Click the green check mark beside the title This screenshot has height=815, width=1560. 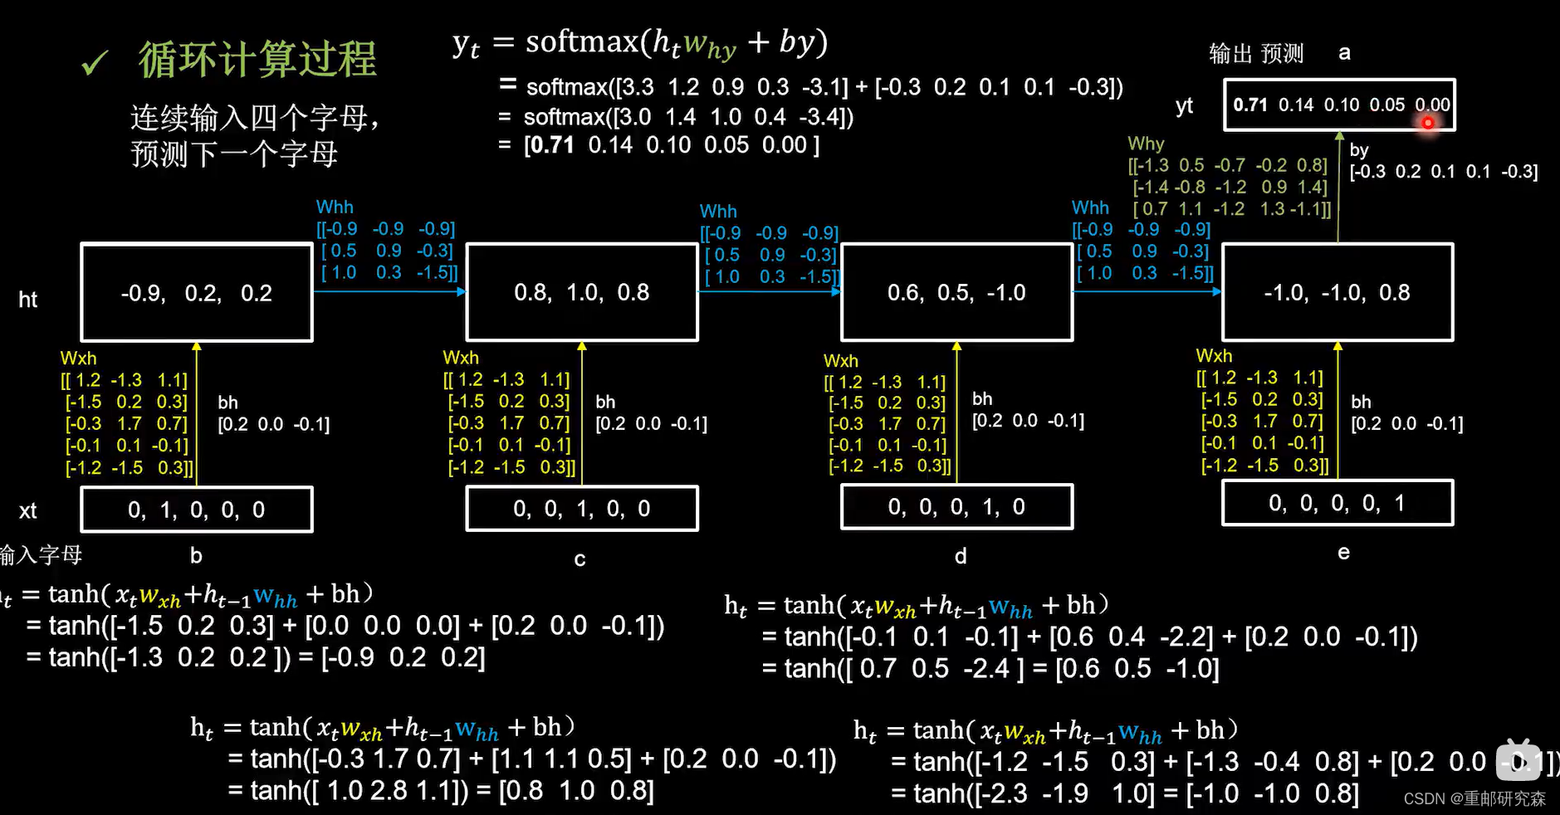pyautogui.click(x=95, y=63)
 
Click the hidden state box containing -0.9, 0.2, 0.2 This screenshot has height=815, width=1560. pyautogui.click(x=197, y=292)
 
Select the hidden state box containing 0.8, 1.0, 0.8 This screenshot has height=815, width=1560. pyautogui.click(x=582, y=292)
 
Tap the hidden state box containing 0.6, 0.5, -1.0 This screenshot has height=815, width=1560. pyautogui.click(x=956, y=292)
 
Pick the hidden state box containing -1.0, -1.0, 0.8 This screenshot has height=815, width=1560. pyautogui.click(x=1337, y=292)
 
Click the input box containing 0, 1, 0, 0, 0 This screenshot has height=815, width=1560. pyautogui.click(x=197, y=510)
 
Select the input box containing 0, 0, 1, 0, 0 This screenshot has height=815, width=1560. pyautogui.click(x=582, y=509)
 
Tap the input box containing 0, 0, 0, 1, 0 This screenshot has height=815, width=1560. pyautogui.click(x=956, y=507)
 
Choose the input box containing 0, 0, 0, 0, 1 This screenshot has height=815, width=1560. pyautogui.click(x=1337, y=503)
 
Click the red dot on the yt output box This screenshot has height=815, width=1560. pyautogui.click(x=1428, y=123)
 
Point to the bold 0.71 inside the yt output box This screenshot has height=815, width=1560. pyautogui.click(x=1250, y=105)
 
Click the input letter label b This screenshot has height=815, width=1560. pyautogui.click(x=196, y=556)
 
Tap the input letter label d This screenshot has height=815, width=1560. pyautogui.click(x=961, y=557)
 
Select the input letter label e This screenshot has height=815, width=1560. pyautogui.click(x=1343, y=553)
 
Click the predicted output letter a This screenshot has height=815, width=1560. pyautogui.click(x=1344, y=53)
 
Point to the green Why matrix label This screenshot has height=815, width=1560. pyautogui.click(x=1146, y=144)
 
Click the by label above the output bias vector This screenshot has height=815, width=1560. pyautogui.click(x=1359, y=150)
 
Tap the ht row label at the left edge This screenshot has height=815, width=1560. pyautogui.click(x=28, y=300)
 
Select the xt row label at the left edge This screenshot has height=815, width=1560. pyautogui.click(x=28, y=510)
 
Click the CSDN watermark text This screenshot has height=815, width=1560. pyautogui.click(x=1474, y=798)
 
